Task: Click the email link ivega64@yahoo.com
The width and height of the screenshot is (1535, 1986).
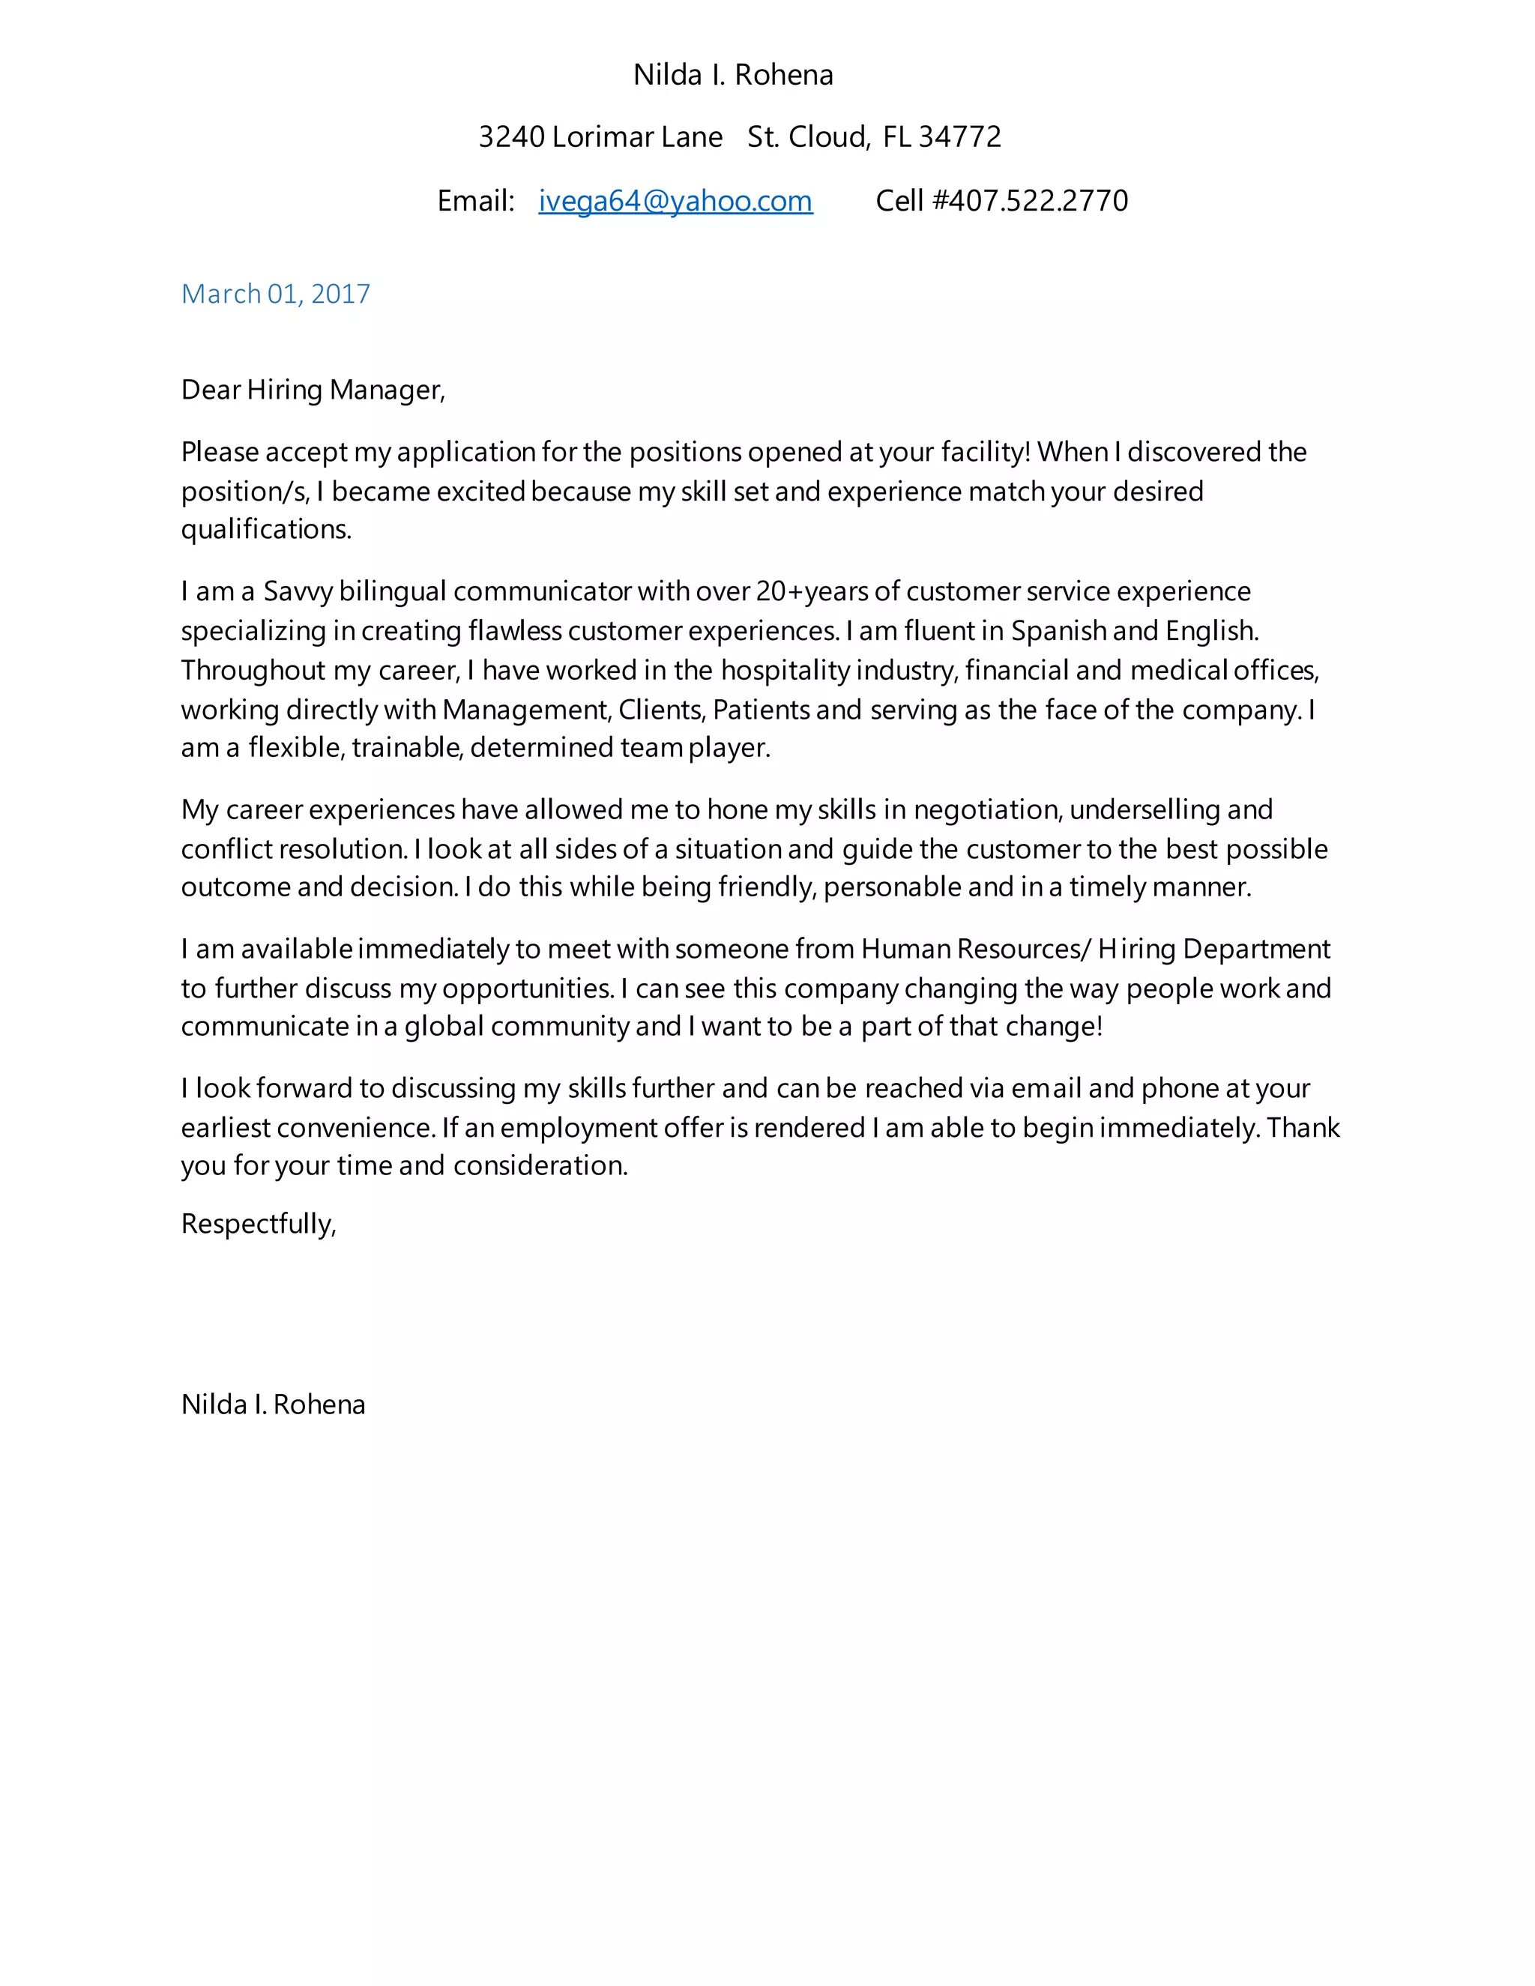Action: pos(675,201)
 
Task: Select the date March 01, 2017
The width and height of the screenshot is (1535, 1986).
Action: pos(276,294)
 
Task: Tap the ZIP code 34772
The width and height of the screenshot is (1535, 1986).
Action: pos(959,137)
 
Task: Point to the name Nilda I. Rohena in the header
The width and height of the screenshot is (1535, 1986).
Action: pos(733,74)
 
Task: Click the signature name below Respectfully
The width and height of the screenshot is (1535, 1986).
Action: pos(273,1404)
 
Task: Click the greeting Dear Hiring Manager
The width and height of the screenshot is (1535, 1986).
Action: pos(312,390)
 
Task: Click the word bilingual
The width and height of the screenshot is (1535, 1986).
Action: pos(393,592)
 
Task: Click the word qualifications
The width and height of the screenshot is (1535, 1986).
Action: pos(265,529)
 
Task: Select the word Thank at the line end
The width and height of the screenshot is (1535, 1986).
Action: pos(1303,1128)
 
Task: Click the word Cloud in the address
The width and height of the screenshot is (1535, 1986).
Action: pos(827,137)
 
